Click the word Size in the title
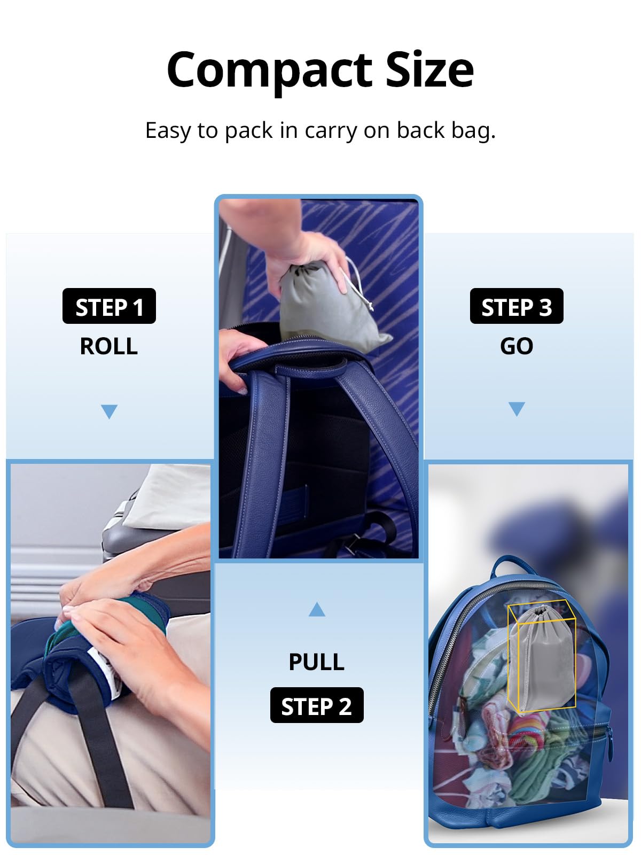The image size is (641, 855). pos(429,69)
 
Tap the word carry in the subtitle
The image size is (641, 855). pos(331,131)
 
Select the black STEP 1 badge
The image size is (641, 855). pos(109,306)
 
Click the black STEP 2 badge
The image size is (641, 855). pos(317,705)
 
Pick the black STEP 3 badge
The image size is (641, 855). pos(517,306)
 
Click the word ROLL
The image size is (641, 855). pos(109,346)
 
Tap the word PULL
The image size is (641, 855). pos(317,662)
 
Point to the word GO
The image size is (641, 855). pos(517,346)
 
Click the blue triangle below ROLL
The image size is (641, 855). pos(110,410)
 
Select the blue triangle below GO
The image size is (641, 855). pos(517,409)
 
